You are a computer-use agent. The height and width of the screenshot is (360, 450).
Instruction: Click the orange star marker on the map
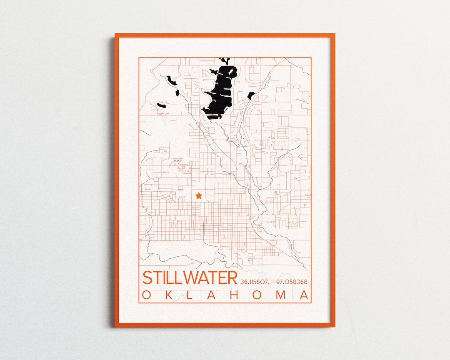click(x=199, y=195)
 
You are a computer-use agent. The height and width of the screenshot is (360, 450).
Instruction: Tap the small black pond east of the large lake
click(x=251, y=95)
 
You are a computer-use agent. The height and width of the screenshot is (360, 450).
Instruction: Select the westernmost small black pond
click(x=161, y=106)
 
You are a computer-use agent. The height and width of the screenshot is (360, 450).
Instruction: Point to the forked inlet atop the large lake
click(x=225, y=62)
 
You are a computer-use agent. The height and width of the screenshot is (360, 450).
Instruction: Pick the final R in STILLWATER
click(x=231, y=278)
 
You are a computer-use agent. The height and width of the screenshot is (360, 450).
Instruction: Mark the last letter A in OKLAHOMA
click(x=305, y=295)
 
